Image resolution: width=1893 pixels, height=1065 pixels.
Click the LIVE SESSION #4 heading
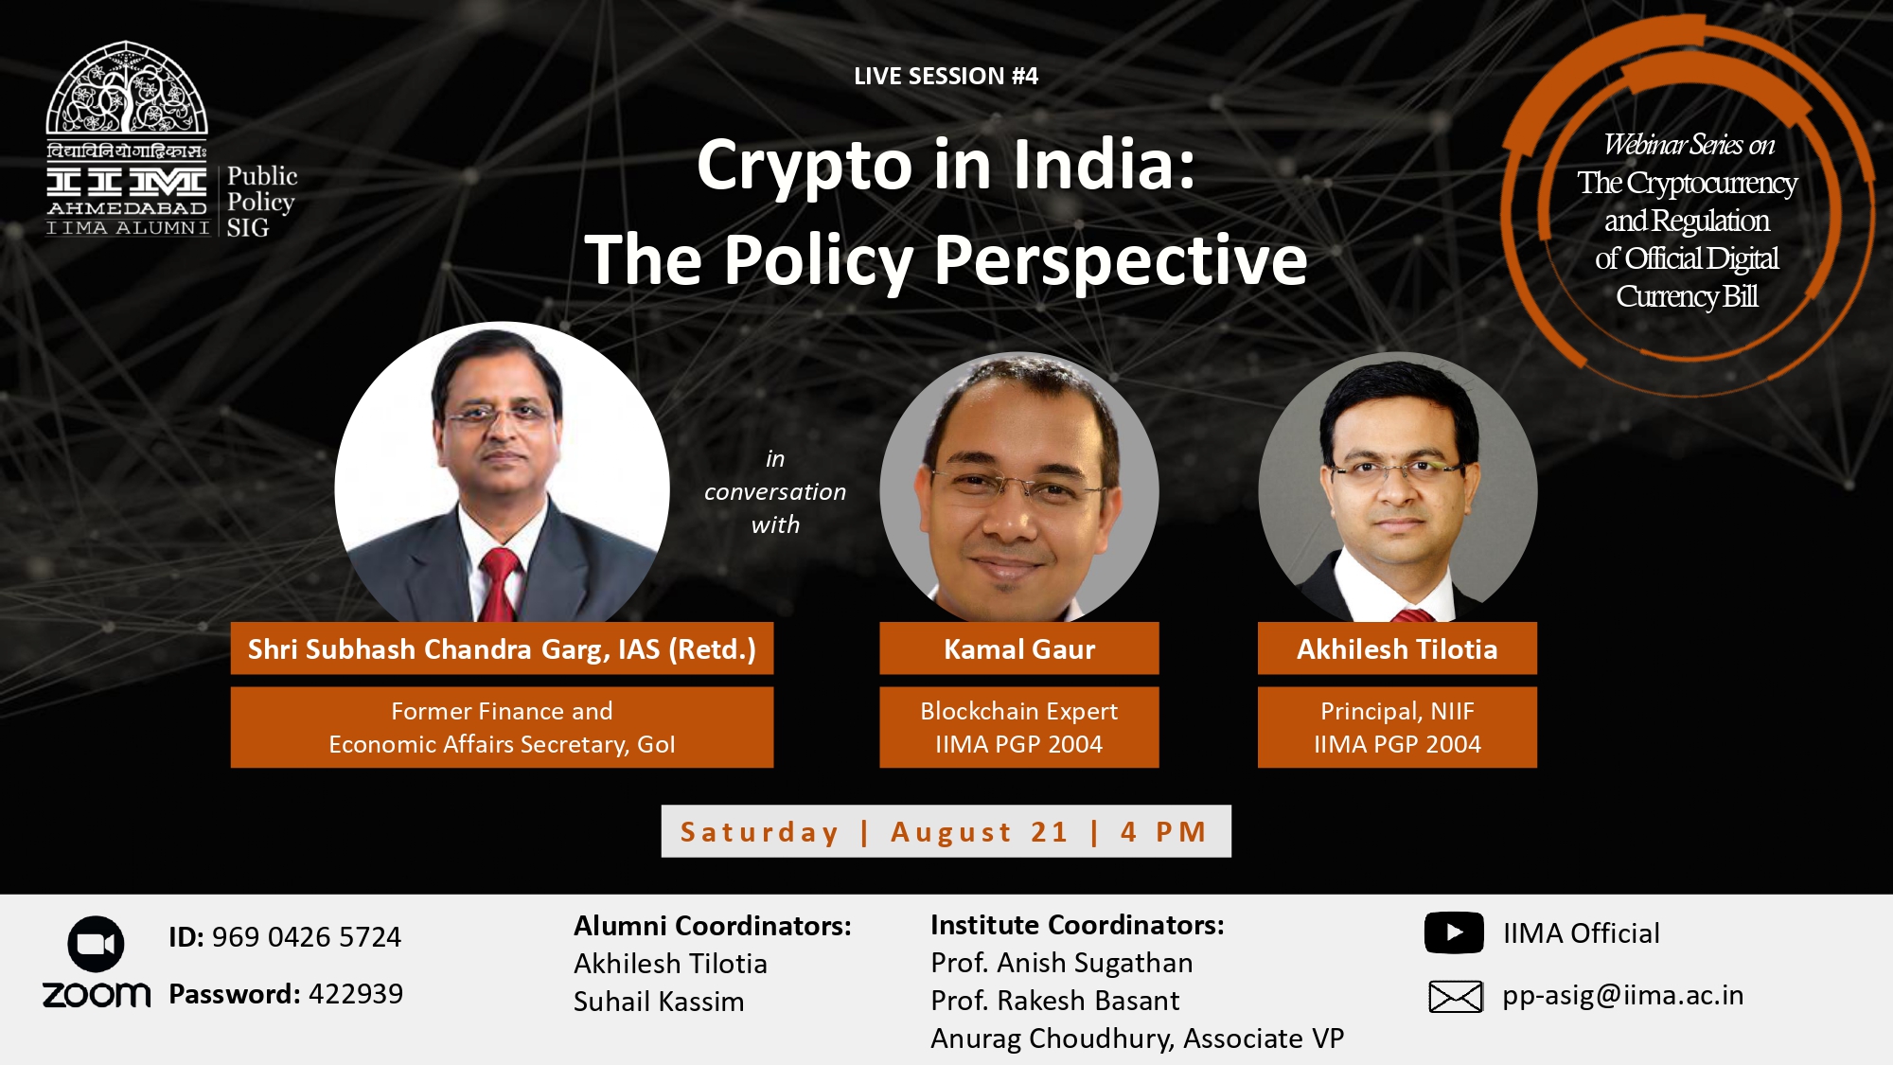(x=946, y=76)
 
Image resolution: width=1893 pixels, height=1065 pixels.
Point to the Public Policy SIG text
(x=262, y=202)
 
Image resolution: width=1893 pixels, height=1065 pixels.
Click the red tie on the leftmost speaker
(x=499, y=583)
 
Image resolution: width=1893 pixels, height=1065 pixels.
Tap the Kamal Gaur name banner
(x=1019, y=648)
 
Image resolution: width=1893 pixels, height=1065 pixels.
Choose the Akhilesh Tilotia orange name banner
(x=1397, y=648)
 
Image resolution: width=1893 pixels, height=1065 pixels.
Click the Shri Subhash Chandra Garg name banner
(x=502, y=648)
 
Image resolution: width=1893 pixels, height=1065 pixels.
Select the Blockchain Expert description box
(x=1019, y=727)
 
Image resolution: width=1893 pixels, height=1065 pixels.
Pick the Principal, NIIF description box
(x=1397, y=727)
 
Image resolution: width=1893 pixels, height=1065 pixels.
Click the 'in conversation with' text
(x=775, y=491)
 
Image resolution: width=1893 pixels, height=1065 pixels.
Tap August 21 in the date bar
(x=980, y=832)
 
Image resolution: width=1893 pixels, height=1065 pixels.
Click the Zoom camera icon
(x=96, y=944)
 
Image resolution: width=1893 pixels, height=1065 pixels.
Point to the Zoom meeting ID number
(x=307, y=937)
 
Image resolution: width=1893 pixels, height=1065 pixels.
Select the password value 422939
(x=356, y=994)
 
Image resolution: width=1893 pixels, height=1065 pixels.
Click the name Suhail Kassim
(x=659, y=1002)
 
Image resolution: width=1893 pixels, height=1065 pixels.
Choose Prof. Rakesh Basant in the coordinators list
(x=1055, y=1001)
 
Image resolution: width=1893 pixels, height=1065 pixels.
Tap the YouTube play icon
(x=1454, y=932)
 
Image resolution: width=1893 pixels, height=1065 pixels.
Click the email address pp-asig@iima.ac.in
(x=1623, y=996)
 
